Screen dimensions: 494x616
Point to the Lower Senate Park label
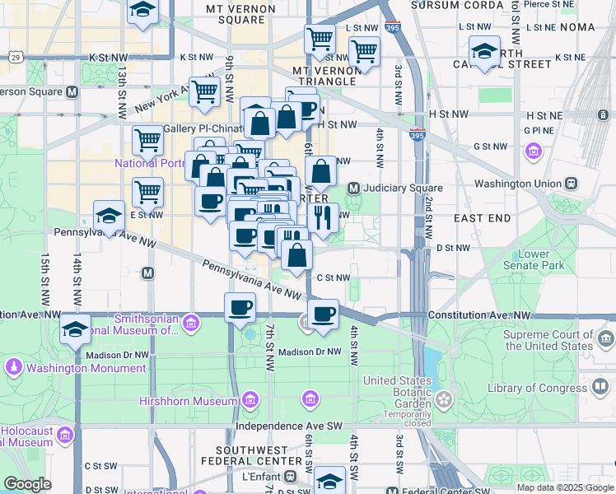click(534, 260)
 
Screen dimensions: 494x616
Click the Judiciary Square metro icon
click(354, 188)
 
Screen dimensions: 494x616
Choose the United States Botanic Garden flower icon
click(445, 400)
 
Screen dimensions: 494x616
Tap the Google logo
click(28, 483)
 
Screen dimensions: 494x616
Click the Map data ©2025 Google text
click(564, 487)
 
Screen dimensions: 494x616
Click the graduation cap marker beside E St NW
click(108, 217)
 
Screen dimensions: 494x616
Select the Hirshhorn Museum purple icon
click(250, 401)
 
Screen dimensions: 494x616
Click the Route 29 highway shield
click(15, 56)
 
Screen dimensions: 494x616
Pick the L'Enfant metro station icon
click(290, 477)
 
